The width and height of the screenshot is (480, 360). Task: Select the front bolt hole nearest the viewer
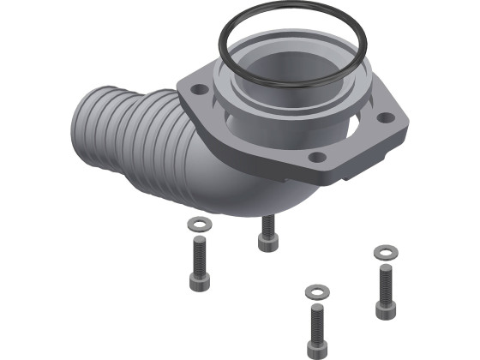point(318,158)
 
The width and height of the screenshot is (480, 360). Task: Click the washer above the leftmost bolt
point(198,225)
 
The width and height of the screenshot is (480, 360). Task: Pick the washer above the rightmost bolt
point(385,252)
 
